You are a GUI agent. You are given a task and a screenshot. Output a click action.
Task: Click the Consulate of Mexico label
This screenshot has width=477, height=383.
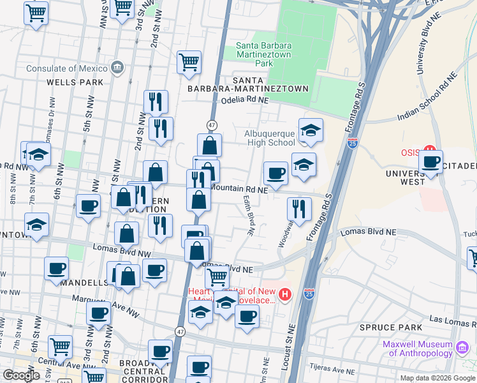(x=66, y=68)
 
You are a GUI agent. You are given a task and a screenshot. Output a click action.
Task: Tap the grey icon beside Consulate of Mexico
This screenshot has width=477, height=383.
(x=117, y=68)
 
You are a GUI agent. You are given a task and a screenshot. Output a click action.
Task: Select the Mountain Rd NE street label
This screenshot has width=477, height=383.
(x=238, y=190)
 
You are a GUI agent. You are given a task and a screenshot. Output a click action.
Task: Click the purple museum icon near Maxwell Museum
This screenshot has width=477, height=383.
(x=462, y=348)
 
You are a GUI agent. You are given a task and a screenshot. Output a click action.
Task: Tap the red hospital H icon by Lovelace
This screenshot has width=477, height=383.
(x=285, y=294)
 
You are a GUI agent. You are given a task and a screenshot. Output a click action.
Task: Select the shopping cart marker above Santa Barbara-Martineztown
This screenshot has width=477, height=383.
(x=189, y=63)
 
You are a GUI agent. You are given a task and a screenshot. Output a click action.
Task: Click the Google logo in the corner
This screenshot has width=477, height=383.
(x=21, y=375)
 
